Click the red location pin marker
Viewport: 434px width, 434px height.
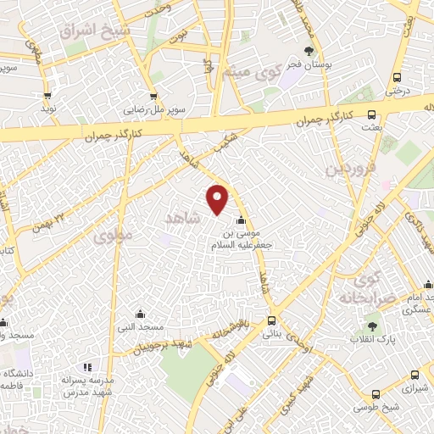tap(219, 198)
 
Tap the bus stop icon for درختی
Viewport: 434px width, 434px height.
tap(397, 75)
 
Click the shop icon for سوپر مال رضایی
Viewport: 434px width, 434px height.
tap(153, 97)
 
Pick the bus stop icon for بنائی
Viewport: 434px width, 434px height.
tap(272, 320)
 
